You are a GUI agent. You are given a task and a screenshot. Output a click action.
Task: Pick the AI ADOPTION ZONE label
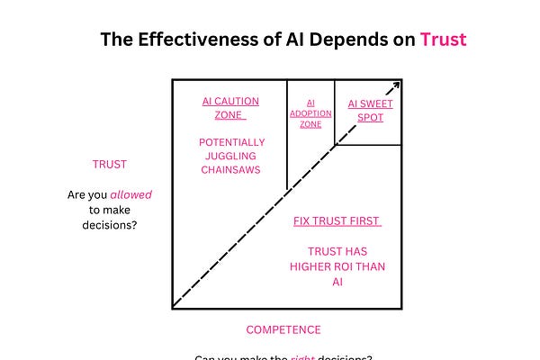310,113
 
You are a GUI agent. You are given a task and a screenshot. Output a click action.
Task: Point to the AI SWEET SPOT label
371,110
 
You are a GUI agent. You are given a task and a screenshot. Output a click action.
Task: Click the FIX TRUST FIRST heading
337,221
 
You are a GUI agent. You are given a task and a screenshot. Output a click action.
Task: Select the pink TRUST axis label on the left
110,164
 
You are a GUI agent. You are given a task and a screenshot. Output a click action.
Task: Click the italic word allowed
130,194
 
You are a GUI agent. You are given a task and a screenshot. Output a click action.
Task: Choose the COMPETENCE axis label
283,329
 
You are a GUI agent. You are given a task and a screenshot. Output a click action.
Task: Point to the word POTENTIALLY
231,142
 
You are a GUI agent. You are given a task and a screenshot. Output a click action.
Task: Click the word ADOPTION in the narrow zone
310,113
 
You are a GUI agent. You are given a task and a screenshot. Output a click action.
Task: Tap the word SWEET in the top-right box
375,103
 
